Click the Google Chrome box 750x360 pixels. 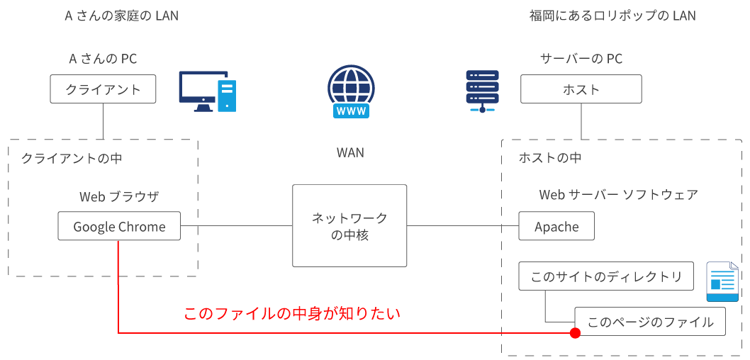point(119,227)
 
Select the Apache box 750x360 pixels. point(556,227)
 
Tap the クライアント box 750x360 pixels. point(103,89)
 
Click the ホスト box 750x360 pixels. point(581,89)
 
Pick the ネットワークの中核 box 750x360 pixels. point(350,226)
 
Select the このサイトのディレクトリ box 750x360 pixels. point(606,276)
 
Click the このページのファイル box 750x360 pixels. point(650,322)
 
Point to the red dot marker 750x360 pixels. point(575,332)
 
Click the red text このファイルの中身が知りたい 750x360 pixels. point(292,313)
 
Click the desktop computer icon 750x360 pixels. point(207,91)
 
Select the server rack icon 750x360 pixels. point(482,91)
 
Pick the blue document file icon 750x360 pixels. point(722,281)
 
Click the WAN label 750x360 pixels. point(350,152)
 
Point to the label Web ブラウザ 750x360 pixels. point(119,196)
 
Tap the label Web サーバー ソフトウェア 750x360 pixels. point(619,195)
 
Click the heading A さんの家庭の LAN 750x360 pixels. point(121,16)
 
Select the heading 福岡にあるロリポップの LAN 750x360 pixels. point(612,16)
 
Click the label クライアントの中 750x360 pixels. point(72,158)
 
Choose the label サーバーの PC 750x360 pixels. point(581,59)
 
